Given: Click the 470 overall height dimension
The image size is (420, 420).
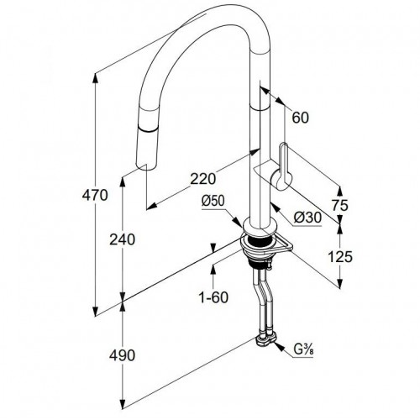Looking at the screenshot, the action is click(x=95, y=195).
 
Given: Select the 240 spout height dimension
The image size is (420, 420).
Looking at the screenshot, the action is click(x=122, y=239).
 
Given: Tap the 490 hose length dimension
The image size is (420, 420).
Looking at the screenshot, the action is click(x=122, y=355).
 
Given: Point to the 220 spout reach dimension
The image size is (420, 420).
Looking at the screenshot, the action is click(x=203, y=179).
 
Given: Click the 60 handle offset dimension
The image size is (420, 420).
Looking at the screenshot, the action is click(x=300, y=118).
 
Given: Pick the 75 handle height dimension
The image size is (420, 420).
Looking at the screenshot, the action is click(x=340, y=205).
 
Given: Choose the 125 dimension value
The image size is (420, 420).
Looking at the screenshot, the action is click(x=340, y=257).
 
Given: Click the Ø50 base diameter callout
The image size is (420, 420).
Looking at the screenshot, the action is click(x=213, y=201).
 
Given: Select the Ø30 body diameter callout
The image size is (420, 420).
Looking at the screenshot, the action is click(x=307, y=218).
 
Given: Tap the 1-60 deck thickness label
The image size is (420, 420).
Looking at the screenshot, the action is click(x=213, y=297).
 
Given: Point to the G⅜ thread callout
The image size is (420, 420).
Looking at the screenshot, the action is click(x=303, y=349).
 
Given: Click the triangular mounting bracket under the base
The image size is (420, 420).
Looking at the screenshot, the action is click(x=281, y=244).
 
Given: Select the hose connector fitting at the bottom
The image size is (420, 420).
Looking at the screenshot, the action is click(x=265, y=340).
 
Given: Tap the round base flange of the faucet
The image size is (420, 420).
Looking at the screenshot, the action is click(x=260, y=228).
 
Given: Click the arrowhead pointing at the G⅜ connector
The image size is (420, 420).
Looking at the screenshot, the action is click(x=279, y=347).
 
